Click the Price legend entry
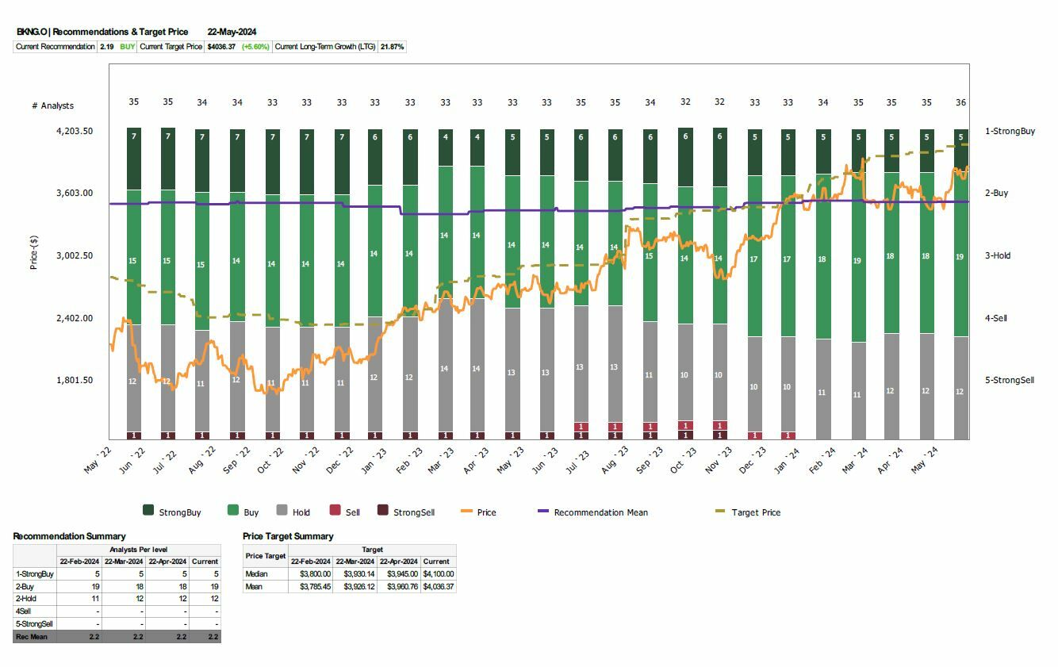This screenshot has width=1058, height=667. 486,512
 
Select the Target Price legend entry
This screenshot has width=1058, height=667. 755,512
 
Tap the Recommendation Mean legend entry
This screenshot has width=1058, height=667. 600,512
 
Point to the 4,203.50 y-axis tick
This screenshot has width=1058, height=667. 74,131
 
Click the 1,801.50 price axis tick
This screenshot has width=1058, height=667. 74,380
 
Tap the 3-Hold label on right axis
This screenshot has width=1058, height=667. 998,255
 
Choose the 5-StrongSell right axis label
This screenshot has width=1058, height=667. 1010,380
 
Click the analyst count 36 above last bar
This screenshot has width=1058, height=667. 960,102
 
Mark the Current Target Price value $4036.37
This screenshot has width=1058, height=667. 221,47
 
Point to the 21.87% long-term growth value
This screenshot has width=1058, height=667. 393,47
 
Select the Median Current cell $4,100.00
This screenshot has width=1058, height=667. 438,573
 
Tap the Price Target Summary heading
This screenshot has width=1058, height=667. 288,536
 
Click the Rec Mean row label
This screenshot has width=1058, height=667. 32,637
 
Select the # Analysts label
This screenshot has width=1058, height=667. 52,105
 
